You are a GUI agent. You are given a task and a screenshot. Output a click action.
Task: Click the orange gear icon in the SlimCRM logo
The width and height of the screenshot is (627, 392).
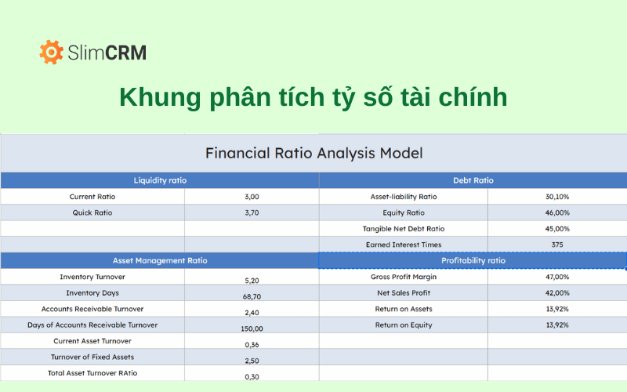[x=51, y=53]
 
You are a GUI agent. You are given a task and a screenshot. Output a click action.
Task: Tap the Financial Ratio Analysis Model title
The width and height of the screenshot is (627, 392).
[x=313, y=153]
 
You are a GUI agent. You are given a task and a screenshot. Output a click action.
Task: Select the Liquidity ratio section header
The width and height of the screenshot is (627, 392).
[x=160, y=180]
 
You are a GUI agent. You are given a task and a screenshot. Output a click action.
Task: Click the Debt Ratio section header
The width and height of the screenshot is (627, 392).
[x=473, y=180]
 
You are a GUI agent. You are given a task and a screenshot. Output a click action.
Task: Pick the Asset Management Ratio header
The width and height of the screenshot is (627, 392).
[x=160, y=260]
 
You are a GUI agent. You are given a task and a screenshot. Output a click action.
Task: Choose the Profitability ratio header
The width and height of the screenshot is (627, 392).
[x=473, y=260]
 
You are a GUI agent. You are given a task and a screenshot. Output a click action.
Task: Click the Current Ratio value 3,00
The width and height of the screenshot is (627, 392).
[x=252, y=197]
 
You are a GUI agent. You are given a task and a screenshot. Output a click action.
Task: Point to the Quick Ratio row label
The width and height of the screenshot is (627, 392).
[x=92, y=212]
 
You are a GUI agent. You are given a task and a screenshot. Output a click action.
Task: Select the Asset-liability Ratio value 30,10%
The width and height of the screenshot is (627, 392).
[x=556, y=197]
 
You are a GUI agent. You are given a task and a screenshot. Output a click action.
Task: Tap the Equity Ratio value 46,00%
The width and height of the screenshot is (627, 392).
[x=556, y=212]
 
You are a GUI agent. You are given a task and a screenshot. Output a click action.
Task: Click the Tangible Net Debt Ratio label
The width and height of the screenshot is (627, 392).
[x=404, y=229]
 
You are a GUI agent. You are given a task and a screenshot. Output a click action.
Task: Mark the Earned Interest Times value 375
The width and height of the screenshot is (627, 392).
[x=556, y=245]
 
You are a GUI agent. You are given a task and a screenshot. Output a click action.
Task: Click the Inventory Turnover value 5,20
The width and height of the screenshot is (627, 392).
[x=252, y=280]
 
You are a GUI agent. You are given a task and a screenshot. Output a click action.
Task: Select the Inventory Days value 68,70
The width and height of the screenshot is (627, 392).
[x=252, y=296]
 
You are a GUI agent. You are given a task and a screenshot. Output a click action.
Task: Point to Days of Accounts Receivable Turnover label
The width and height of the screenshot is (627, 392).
[x=92, y=325]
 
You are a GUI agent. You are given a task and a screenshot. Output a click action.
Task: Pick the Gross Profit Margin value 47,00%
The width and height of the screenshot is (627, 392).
[x=556, y=277]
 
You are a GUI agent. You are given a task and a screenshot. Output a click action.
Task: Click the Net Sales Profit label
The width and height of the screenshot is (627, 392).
[x=404, y=292]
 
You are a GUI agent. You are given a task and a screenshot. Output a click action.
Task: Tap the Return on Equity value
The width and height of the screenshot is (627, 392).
[x=556, y=325]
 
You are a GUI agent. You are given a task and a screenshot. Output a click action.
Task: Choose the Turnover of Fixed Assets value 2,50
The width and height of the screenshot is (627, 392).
[x=252, y=361]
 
